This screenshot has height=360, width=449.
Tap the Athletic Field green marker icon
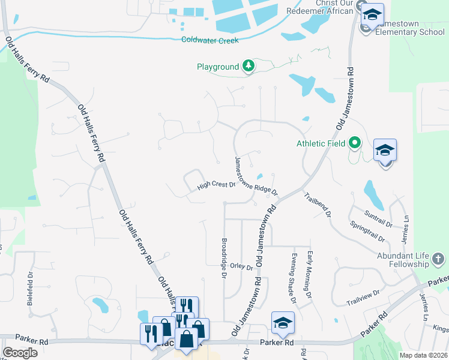coord(355,143)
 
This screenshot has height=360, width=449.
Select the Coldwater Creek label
coord(210,40)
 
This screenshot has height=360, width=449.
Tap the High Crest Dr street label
coord(217,187)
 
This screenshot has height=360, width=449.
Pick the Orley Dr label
coord(241,267)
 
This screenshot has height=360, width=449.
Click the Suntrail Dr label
coord(378,218)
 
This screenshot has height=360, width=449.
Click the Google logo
coord(20,352)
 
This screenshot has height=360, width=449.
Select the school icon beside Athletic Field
coord(384,150)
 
